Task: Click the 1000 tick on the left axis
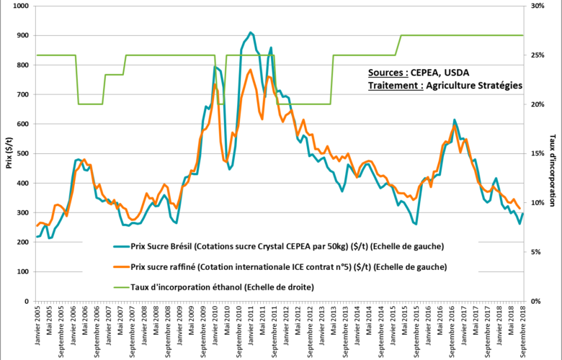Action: (19, 6)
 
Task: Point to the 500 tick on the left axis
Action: (22, 153)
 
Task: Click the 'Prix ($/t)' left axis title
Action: (8, 153)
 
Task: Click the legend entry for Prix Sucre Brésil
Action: (286, 247)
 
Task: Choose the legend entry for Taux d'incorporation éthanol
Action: (222, 287)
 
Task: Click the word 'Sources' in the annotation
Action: (388, 73)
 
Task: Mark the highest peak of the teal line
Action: (250, 32)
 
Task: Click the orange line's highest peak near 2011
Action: (250, 70)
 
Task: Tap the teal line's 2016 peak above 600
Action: (454, 120)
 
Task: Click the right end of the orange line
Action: (519, 209)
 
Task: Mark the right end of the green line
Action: (522, 35)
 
